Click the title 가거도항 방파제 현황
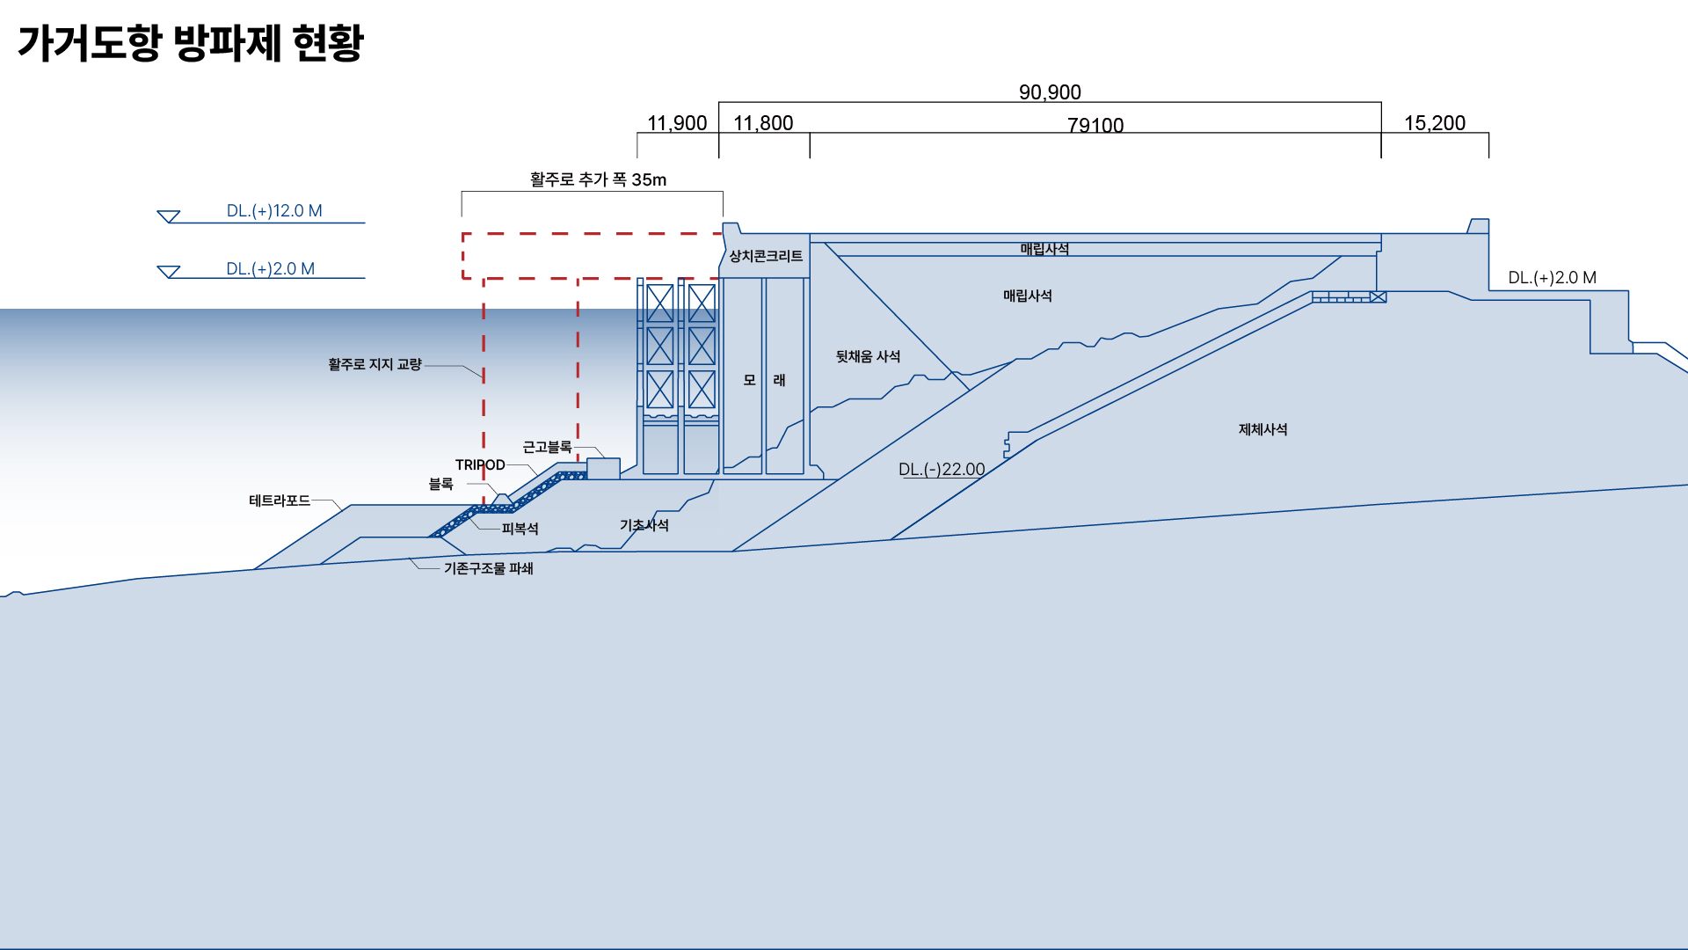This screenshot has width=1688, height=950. pos(191,42)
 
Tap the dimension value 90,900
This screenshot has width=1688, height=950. pos(1050,91)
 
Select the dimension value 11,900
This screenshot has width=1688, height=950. pos(677,123)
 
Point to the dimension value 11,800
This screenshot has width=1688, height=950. pos(763,123)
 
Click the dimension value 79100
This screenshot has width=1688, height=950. pos(1095,125)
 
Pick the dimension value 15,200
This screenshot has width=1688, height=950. pos(1435,123)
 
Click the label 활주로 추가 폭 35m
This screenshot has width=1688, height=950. pos(598,179)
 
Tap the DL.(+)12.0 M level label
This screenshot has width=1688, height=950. pos(274,211)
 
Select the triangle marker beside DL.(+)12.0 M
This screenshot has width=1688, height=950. pos(169,216)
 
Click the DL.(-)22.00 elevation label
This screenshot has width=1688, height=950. pos(942,469)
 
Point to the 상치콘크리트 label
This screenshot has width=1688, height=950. pos(766,256)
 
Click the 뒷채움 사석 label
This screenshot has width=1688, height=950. pos(868,356)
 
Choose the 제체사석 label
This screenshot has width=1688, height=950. pos(1262,429)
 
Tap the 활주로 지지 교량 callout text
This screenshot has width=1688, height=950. pos(375,364)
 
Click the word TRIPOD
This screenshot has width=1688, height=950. pos(480,464)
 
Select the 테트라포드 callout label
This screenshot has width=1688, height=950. pos(280,501)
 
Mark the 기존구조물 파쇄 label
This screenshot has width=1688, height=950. pos(488,568)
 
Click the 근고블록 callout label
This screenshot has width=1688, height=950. pos(547,447)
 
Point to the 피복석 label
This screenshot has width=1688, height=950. pos(520,529)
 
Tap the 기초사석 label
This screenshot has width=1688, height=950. pos(644,525)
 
